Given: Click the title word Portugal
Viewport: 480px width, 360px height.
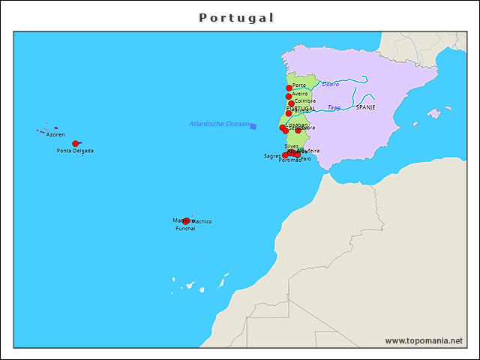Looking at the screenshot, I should click(x=236, y=17).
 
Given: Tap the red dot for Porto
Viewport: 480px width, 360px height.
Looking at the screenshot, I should click(x=289, y=88).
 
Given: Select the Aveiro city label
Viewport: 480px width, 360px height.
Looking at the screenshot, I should click(x=300, y=94).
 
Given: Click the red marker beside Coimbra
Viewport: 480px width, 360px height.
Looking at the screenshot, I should click(x=291, y=104).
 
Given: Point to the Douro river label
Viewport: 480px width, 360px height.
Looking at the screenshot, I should click(x=330, y=84).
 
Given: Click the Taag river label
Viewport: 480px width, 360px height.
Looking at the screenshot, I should click(x=334, y=107).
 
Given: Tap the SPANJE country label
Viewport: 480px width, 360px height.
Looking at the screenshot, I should click(x=365, y=107).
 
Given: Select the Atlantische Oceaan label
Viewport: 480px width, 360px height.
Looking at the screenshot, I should click(x=219, y=124).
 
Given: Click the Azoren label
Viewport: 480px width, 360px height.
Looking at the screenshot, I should click(x=55, y=135).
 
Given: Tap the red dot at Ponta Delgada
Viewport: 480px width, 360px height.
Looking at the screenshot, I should click(x=75, y=143).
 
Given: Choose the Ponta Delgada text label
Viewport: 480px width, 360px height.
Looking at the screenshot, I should click(x=75, y=151).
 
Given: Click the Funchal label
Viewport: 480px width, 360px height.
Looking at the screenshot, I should click(x=185, y=229).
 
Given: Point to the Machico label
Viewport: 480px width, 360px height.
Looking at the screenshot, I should click(x=202, y=221).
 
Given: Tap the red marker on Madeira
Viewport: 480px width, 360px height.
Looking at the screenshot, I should click(x=186, y=221).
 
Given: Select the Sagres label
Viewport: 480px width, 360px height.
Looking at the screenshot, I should click(x=271, y=157).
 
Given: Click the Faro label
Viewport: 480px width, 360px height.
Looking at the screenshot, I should click(x=306, y=158).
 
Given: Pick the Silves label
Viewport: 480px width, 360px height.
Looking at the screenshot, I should click(x=291, y=146).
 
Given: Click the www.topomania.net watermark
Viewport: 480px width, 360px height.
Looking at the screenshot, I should click(x=424, y=340).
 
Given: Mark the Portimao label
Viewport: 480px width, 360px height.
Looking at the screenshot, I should click(x=289, y=160).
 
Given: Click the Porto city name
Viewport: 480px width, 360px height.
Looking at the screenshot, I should click(x=299, y=85).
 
